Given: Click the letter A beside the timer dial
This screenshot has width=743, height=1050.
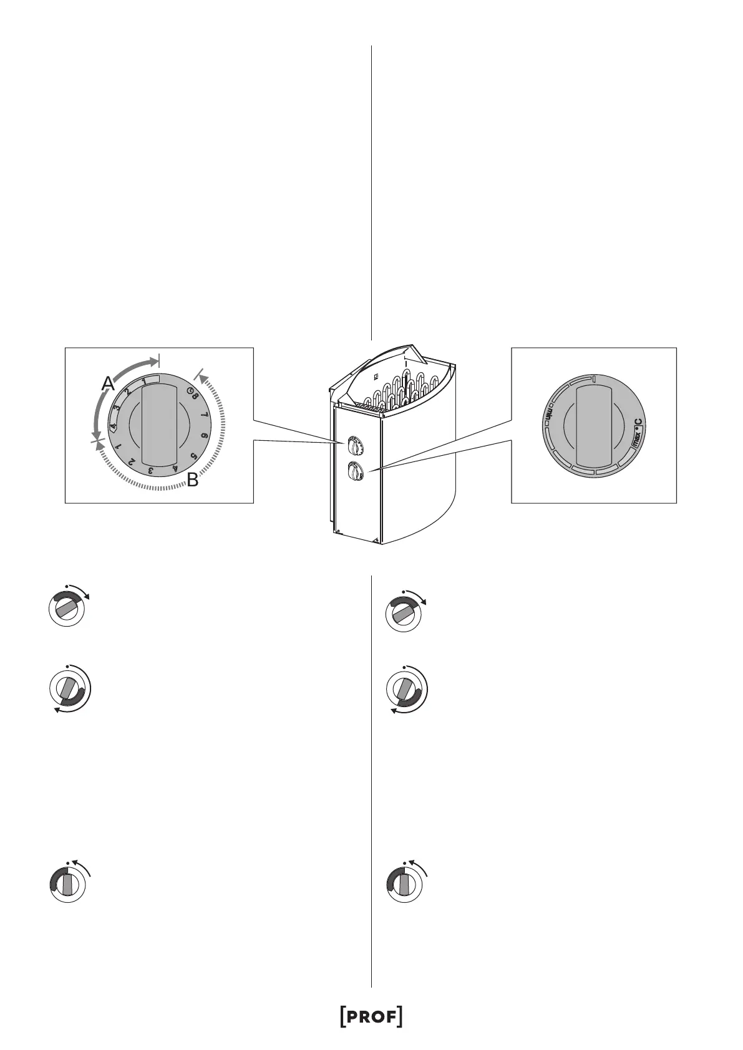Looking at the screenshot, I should click(x=109, y=384).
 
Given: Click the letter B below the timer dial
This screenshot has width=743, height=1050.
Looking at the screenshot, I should click(x=193, y=480).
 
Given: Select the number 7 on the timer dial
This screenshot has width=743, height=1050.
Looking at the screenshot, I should click(x=205, y=414).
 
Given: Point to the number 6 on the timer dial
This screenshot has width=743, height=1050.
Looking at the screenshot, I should click(x=205, y=436).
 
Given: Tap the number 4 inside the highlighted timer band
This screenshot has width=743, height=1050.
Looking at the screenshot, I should click(x=114, y=426).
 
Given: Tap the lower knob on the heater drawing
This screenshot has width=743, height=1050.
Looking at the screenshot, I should click(x=354, y=472).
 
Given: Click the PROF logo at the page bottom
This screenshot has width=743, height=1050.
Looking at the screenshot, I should click(x=371, y=1016).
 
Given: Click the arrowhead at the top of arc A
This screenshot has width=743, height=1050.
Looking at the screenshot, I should click(x=154, y=360).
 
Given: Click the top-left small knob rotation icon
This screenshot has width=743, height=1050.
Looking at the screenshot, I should click(x=67, y=607).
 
